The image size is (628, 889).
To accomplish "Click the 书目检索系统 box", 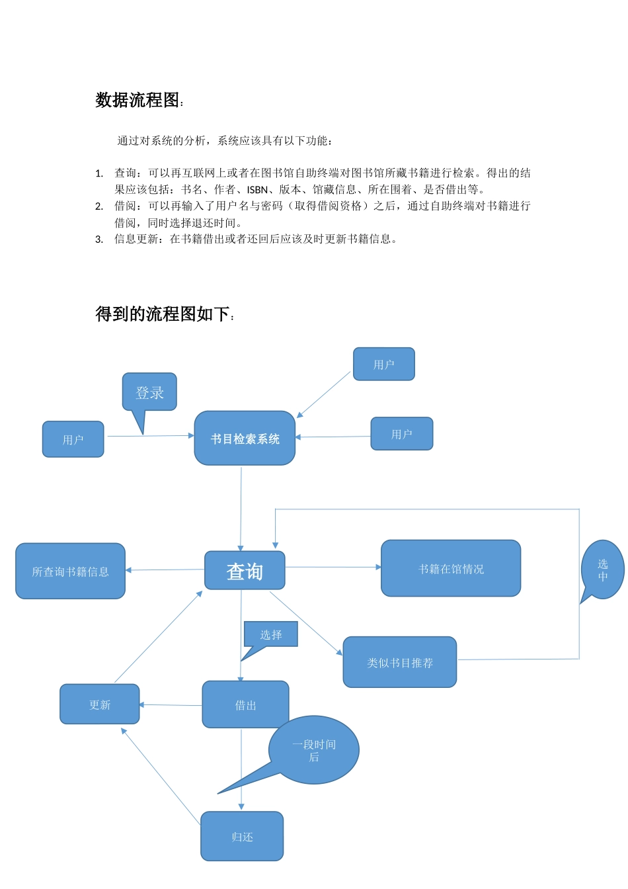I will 245,439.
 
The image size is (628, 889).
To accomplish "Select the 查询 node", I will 245,570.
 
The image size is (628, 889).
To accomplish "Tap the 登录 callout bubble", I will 149,392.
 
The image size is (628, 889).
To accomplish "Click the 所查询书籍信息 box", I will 70,571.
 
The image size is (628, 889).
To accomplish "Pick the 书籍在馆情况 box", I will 451,568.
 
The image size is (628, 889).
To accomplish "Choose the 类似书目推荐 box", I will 400,662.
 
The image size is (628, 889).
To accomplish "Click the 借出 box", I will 245,705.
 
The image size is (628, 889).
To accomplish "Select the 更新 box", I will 100,704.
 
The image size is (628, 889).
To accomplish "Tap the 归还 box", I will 242,837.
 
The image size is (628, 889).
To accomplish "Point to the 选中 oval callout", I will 603,570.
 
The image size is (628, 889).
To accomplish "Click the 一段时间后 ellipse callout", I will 315,750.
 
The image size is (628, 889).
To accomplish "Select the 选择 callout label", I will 271,634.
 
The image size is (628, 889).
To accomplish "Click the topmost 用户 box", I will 383,364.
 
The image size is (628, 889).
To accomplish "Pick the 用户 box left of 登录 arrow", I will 73,439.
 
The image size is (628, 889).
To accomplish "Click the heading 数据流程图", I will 137,100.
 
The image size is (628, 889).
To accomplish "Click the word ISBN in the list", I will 257,190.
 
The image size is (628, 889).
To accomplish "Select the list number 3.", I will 99,239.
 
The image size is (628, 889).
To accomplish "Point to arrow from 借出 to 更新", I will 171,705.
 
